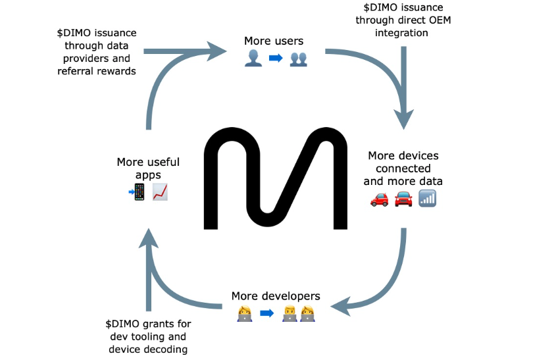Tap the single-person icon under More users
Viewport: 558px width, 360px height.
point(253,58)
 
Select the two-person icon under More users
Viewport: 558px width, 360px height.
point(297,58)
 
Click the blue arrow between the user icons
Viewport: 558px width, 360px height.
point(275,58)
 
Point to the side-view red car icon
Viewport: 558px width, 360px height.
point(380,198)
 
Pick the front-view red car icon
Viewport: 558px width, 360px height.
point(403,198)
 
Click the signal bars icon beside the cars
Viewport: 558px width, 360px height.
point(427,197)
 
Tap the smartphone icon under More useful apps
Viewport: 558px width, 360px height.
point(138,192)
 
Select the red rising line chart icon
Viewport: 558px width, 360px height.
point(161,192)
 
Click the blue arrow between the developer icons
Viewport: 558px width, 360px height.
point(266,313)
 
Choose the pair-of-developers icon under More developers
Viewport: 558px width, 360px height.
point(298,313)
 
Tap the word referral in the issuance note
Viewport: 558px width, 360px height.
point(78,71)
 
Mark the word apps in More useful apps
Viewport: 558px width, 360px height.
point(148,174)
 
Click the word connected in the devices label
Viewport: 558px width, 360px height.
point(403,168)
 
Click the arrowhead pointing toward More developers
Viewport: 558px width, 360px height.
point(340,306)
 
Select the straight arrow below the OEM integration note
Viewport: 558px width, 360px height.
point(403,86)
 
